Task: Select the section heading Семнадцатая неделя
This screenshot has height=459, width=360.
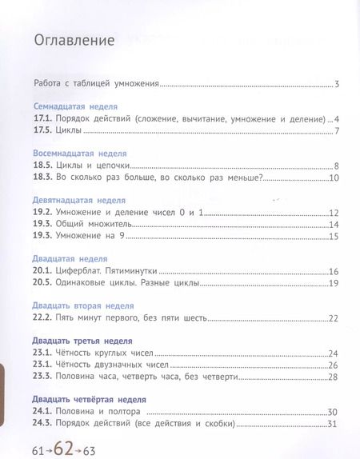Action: (x=75, y=106)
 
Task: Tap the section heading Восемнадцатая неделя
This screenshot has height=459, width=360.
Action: (x=80, y=152)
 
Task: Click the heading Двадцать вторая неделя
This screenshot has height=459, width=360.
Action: (x=83, y=305)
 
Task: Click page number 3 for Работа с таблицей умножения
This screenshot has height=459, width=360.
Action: (x=338, y=83)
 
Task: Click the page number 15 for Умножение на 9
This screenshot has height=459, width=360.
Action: (x=334, y=236)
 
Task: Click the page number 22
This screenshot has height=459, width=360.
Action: (x=334, y=318)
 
